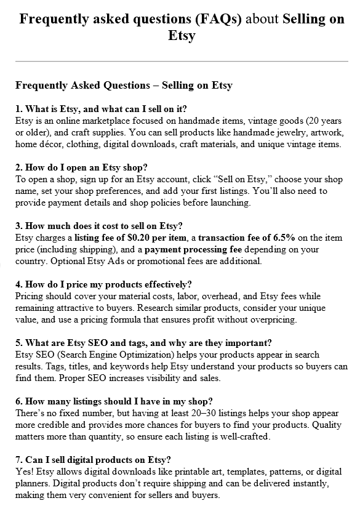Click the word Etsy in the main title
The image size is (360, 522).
(x=182, y=36)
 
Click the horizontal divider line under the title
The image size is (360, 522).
(x=182, y=61)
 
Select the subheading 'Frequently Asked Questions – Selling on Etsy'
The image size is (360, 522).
(x=124, y=86)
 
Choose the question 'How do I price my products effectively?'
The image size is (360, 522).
(x=103, y=284)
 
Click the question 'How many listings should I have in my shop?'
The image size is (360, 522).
(x=114, y=401)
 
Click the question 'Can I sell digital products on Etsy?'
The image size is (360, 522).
(x=93, y=459)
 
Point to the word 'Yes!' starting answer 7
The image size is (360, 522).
(x=25, y=472)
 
